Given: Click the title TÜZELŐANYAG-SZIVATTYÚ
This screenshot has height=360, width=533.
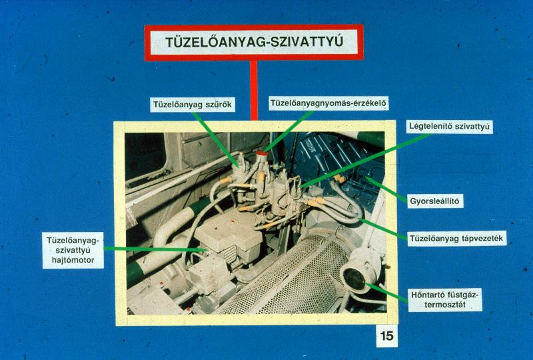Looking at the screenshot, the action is click(x=254, y=42).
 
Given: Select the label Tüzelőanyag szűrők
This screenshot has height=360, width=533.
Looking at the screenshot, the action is click(x=193, y=105).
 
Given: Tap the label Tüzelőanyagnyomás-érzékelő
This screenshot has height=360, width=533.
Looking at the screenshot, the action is click(x=328, y=103).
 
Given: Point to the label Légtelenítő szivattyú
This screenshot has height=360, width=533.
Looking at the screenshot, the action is click(x=449, y=126).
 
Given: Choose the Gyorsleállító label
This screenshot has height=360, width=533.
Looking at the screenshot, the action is click(x=434, y=201).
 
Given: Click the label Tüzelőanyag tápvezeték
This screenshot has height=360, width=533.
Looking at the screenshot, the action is click(x=456, y=238).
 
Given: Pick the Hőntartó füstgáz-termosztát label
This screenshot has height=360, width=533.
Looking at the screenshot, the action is click(x=444, y=299).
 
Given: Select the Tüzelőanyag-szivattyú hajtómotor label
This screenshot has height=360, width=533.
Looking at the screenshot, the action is click(x=73, y=251).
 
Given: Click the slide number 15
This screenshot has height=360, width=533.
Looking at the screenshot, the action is click(x=387, y=336).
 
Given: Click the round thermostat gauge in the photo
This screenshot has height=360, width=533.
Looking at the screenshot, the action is click(x=355, y=279).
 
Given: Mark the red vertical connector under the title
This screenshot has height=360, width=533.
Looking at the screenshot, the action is click(x=254, y=91).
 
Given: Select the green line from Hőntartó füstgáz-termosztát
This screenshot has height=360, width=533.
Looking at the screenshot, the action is click(x=386, y=293).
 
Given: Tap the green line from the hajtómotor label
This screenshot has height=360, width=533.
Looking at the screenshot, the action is click(x=155, y=249).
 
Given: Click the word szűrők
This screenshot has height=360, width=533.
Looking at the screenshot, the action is click(x=218, y=105).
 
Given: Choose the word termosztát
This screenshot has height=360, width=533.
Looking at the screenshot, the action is click(x=444, y=305).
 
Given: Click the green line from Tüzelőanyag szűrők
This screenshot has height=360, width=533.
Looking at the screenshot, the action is click(x=216, y=138).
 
